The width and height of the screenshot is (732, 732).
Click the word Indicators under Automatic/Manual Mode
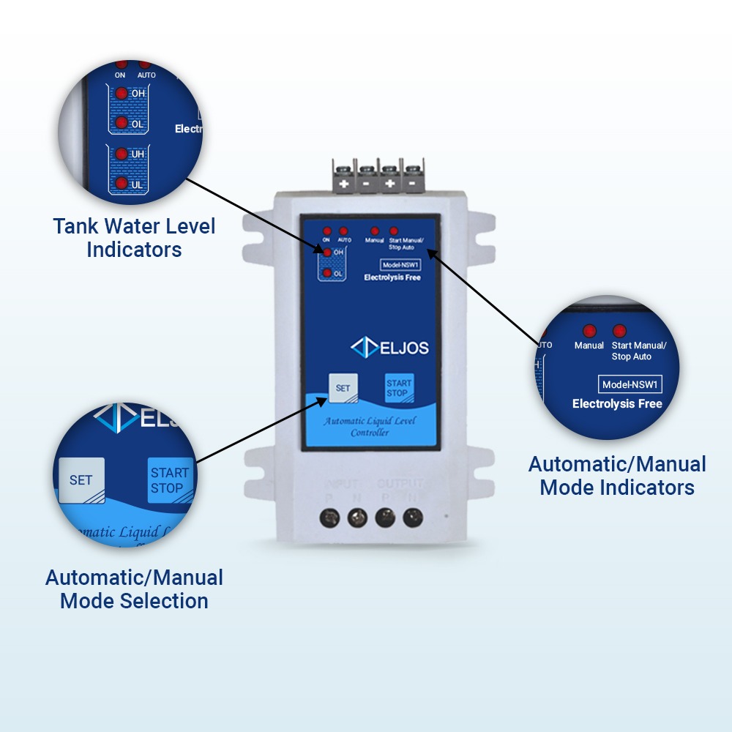pos(617,488)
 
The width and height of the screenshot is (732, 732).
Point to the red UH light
pos(120,154)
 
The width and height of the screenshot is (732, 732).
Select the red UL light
pos(120,184)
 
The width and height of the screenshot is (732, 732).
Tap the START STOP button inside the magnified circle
pos(169,480)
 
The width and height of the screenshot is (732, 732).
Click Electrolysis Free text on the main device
pos(392,277)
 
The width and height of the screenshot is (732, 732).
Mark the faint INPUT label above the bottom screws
pos(341,484)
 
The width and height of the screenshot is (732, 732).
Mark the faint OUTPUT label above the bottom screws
pos(400,484)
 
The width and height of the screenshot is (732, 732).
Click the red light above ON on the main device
pos(326,231)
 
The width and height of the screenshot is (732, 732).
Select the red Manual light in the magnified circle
pos(589,331)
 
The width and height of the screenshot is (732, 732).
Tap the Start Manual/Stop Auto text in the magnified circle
pos(638,351)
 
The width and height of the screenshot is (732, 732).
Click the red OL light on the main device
pos(327,273)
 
